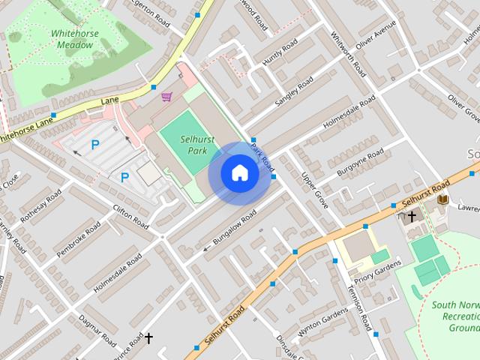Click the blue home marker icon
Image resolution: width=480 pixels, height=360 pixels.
coord(239,172)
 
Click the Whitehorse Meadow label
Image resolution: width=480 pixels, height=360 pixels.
coord(73,39)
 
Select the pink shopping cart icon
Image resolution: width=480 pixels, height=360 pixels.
coord(166,97)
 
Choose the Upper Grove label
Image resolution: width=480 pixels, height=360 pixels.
coord(315,190)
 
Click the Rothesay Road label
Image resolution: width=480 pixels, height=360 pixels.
coord(43,208)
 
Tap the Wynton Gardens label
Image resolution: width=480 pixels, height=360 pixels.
coord(323,322)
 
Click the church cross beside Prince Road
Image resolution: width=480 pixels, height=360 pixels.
coord(148,338)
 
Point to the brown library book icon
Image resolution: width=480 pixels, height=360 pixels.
coord(442,200)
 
